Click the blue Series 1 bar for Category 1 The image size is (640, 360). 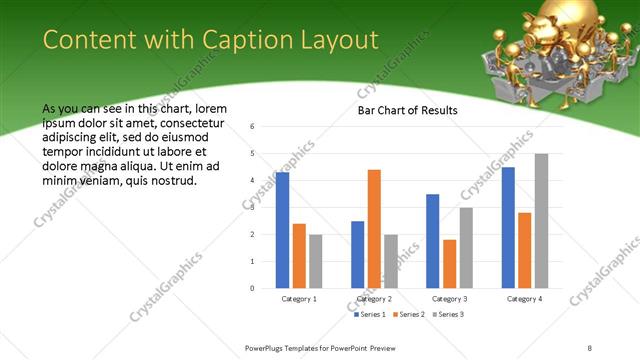[283, 230]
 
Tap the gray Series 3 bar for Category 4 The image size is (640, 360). [541, 221]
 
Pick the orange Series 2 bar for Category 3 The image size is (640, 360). [449, 264]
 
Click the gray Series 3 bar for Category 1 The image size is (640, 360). [316, 261]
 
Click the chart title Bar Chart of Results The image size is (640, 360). [408, 110]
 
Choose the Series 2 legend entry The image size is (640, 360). [408, 315]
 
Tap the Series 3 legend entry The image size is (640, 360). [446, 315]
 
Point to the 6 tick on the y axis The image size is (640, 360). [253, 127]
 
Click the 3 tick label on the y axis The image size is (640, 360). [253, 208]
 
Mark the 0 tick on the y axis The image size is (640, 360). [253, 289]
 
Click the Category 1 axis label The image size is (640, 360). [299, 299]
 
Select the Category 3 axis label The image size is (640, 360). [449, 299]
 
